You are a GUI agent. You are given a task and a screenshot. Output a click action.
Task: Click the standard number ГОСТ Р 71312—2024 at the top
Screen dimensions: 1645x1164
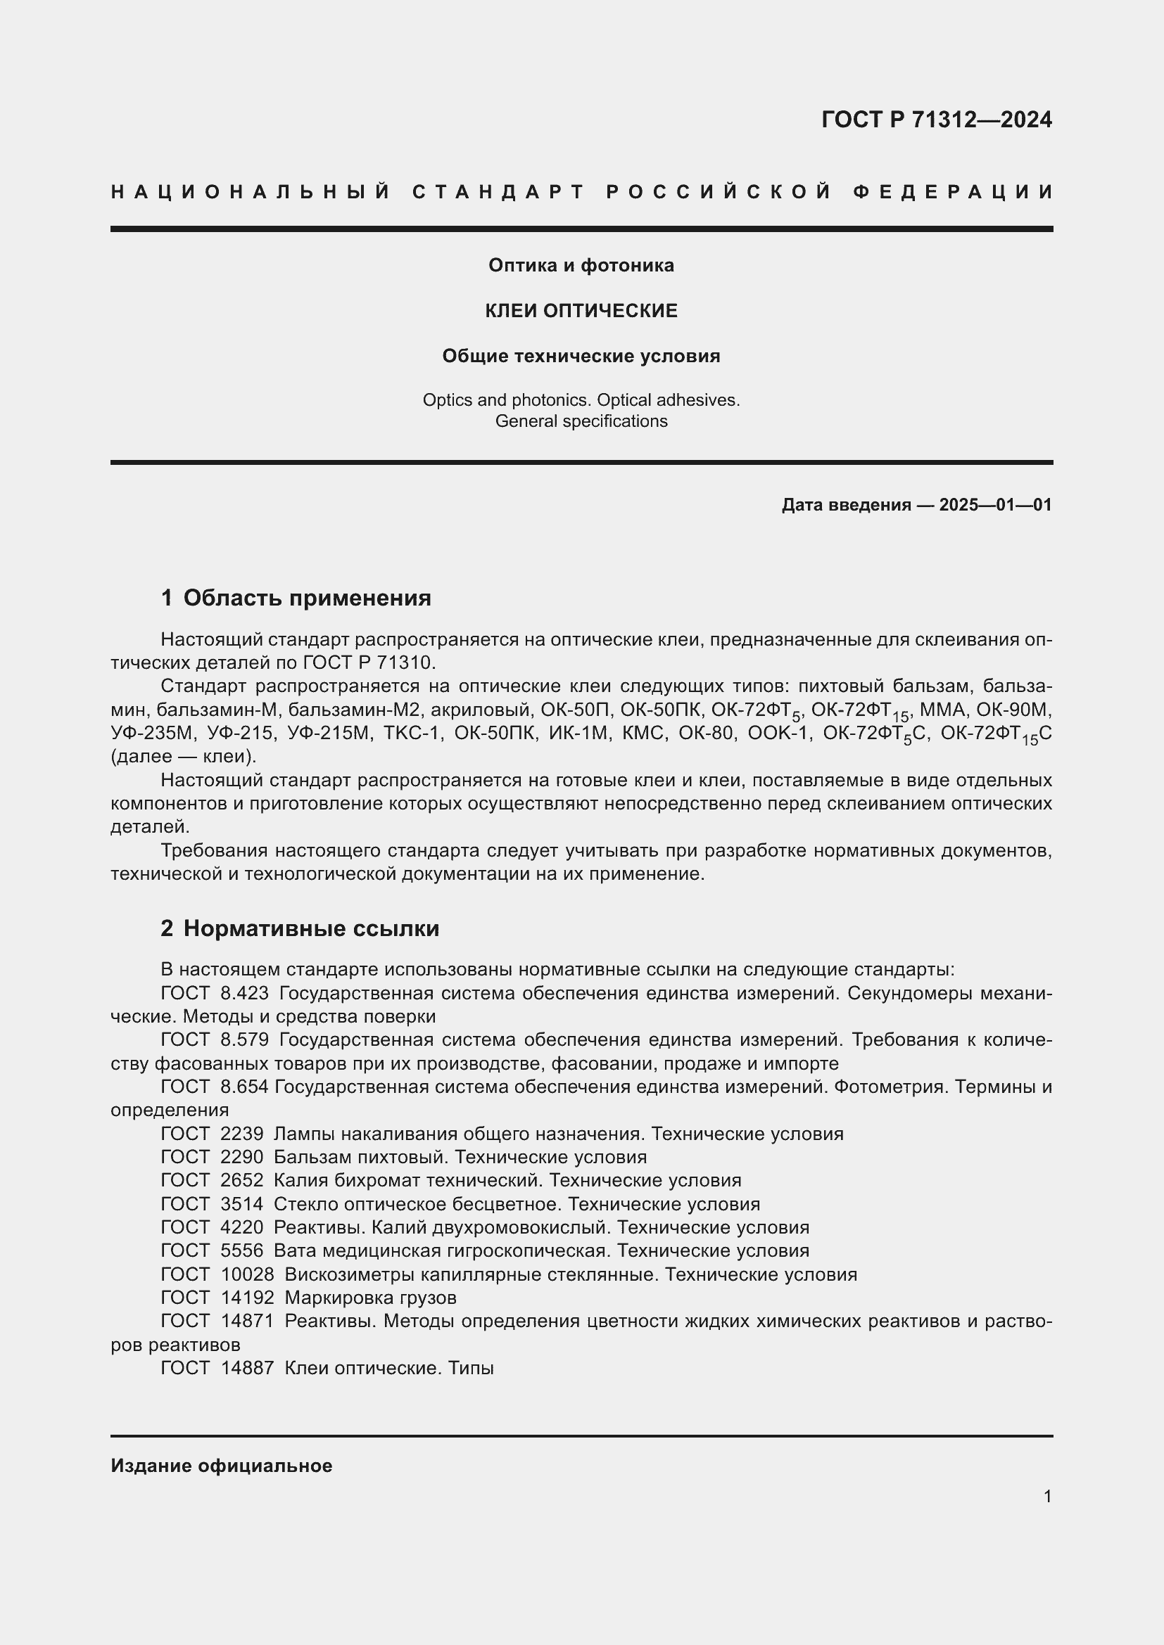tap(936, 120)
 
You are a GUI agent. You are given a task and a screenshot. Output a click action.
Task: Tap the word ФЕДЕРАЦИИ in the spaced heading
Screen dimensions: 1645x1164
tap(953, 192)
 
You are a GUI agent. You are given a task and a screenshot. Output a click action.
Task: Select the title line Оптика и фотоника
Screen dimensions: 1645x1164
tap(581, 266)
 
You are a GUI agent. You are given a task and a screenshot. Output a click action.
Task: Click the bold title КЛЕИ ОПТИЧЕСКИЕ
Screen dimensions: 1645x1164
tap(581, 311)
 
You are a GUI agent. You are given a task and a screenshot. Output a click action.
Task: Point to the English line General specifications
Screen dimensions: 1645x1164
tap(581, 421)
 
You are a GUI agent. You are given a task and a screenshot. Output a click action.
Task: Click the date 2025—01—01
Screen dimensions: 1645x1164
tap(995, 505)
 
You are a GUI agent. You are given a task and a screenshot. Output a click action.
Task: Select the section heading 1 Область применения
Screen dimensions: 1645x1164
tap(296, 598)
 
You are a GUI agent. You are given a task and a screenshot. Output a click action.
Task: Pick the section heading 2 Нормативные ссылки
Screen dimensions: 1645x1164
tap(300, 928)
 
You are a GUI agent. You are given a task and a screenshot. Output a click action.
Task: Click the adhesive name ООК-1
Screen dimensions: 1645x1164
tap(778, 733)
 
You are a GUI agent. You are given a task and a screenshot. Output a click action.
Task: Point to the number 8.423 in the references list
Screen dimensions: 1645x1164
tap(244, 994)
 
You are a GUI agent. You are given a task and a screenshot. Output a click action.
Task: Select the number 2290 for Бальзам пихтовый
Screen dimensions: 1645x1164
tap(241, 1157)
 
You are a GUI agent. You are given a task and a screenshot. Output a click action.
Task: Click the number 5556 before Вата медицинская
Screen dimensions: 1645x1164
tap(241, 1251)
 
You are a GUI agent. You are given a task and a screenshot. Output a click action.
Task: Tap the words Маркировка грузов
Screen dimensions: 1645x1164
tap(370, 1298)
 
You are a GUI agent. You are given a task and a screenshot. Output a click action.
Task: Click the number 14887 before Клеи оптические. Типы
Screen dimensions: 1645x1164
tap(247, 1368)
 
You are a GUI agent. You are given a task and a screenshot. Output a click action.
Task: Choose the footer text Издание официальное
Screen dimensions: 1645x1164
tap(221, 1466)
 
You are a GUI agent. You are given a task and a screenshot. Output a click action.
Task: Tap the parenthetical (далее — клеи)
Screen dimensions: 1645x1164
tap(184, 757)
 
